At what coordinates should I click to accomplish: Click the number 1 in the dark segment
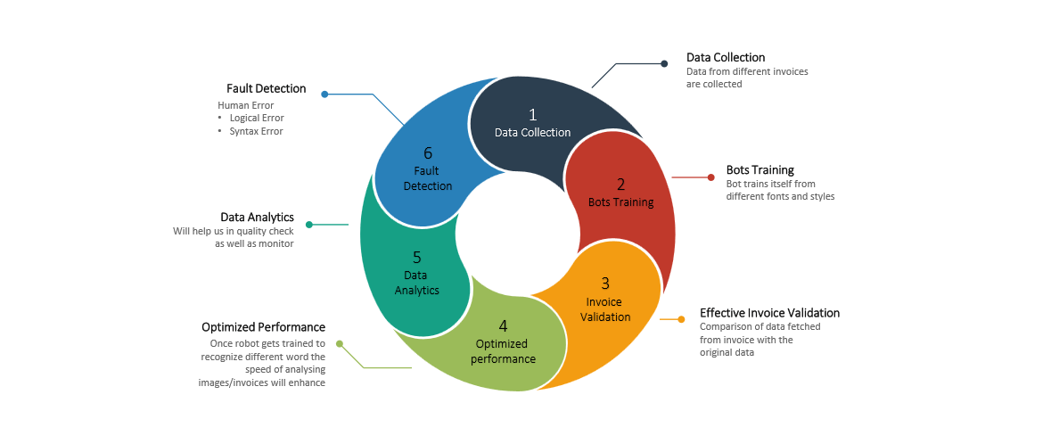tap(533, 114)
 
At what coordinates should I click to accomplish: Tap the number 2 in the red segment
tap(621, 185)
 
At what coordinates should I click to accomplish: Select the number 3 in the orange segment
tap(605, 283)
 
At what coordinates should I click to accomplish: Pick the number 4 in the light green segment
tap(503, 325)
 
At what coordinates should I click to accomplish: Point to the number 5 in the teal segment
tap(416, 257)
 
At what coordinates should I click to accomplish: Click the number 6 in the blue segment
tap(428, 152)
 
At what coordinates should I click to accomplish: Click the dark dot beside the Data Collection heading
tap(664, 63)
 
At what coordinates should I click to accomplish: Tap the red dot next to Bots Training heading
tap(710, 177)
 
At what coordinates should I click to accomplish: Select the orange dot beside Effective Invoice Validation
tap(682, 318)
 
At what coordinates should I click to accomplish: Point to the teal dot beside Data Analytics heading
tap(308, 224)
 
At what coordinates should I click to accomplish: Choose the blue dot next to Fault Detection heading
tap(324, 94)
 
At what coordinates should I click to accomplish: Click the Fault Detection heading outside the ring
tap(266, 89)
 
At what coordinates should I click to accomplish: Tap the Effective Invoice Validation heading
tap(769, 313)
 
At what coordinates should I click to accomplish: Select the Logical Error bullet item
tap(256, 118)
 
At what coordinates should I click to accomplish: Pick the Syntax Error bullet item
tap(256, 131)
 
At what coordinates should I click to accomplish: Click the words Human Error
tap(245, 105)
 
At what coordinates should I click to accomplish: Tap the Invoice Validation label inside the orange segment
tap(605, 309)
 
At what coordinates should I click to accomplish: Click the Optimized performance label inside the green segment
tap(502, 351)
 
